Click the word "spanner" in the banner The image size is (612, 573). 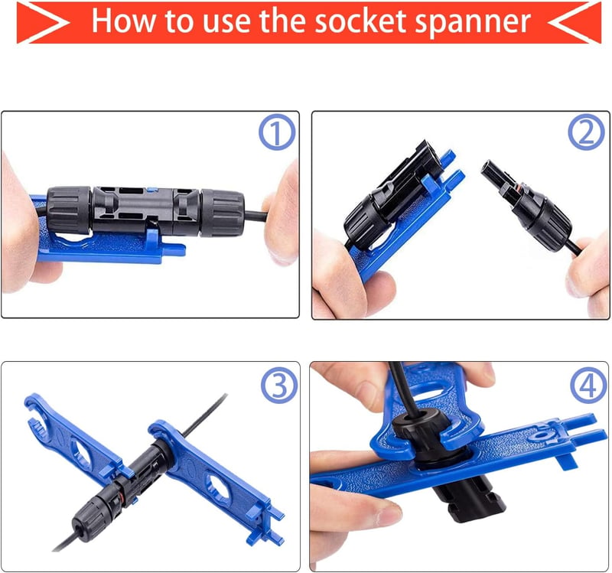[472, 24]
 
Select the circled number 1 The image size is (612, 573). [277, 132]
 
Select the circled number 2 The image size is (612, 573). [586, 132]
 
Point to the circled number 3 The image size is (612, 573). [279, 386]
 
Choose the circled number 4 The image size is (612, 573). [588, 386]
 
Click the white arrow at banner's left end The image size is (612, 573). [43, 22]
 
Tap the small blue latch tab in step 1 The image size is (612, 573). [151, 190]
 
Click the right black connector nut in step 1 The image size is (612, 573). [223, 213]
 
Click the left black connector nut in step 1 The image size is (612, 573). [69, 210]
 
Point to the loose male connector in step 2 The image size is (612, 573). [527, 202]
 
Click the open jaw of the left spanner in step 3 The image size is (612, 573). [36, 414]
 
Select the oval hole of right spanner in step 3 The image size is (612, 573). [217, 487]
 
